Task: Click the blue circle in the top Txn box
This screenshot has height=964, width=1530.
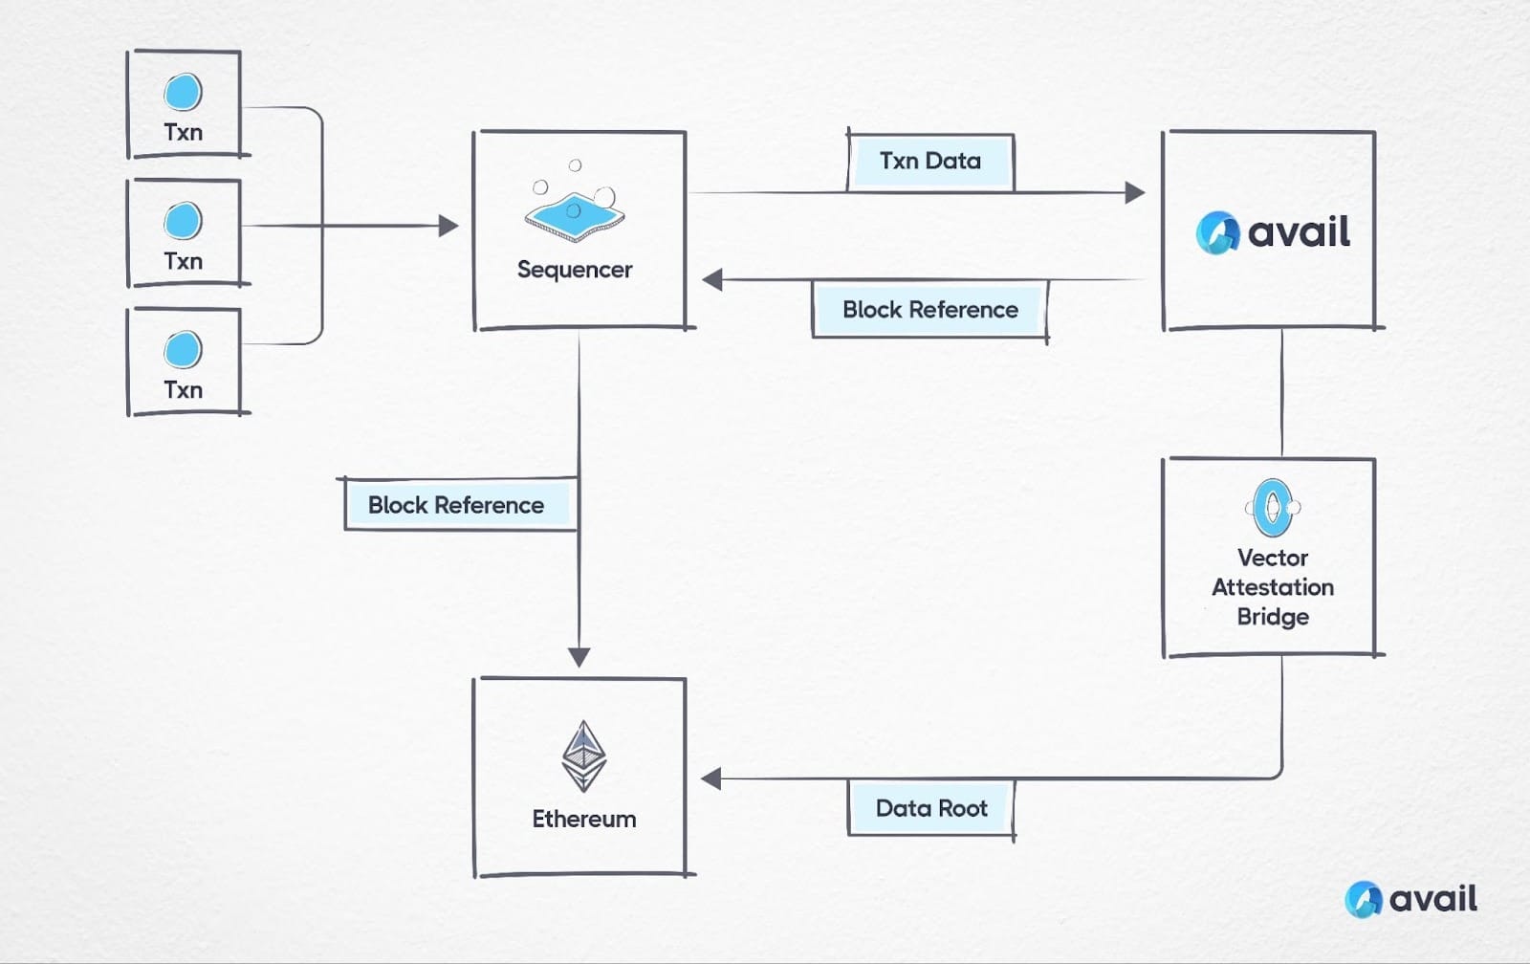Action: pos(183,93)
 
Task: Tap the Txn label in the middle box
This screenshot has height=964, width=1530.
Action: pos(183,261)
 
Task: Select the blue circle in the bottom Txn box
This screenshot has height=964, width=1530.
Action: pos(183,350)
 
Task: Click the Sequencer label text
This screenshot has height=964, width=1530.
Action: pos(575,270)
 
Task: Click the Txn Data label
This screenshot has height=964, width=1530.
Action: pos(930,161)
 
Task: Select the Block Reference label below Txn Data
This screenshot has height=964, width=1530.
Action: pos(929,310)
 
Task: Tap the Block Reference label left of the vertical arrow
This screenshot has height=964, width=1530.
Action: pos(456,505)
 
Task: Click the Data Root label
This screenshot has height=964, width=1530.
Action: pos(931,809)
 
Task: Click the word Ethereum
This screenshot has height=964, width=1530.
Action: pos(583,820)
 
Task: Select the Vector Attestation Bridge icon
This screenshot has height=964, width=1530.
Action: pos(1273,508)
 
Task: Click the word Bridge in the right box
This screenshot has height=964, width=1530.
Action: pos(1273,617)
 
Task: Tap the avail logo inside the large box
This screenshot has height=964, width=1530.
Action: pos(1273,232)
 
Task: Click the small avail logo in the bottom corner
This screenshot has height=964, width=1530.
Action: pos(1410,899)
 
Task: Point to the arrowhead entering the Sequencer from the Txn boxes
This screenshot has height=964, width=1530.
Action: pos(448,227)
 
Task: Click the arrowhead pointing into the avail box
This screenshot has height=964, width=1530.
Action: pos(1134,193)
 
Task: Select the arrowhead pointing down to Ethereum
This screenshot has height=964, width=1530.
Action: pos(579,657)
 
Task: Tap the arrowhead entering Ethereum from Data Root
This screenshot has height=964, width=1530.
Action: pos(711,778)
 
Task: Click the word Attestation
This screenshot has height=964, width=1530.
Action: pos(1273,587)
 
